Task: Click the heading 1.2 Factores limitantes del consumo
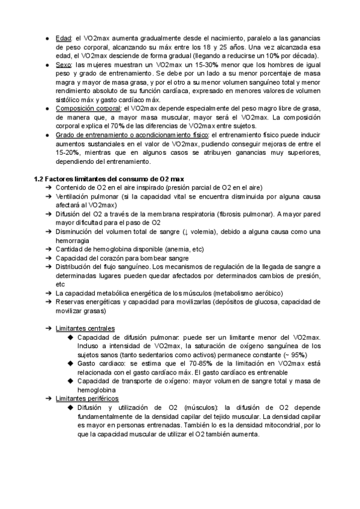click(x=109, y=179)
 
